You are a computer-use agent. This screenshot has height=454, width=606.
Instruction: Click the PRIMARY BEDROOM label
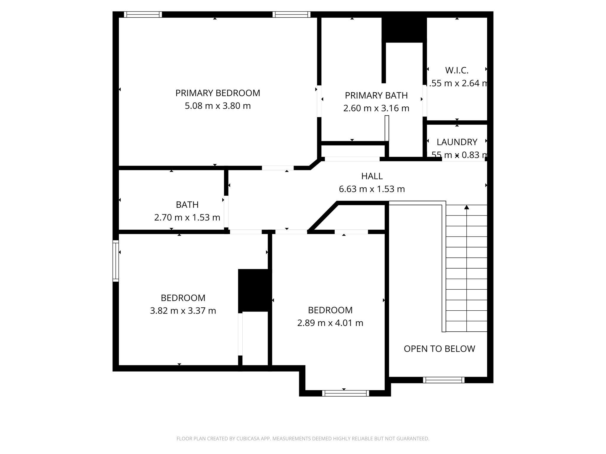click(217, 93)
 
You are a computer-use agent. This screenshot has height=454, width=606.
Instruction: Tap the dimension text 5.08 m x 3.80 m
click(217, 106)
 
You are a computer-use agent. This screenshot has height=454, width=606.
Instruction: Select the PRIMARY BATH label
click(376, 95)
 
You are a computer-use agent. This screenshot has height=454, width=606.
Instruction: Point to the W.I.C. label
click(457, 70)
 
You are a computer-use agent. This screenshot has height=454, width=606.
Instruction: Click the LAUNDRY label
click(457, 142)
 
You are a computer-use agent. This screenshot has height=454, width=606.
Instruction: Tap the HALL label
click(372, 176)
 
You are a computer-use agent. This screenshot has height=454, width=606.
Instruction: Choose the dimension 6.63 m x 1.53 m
click(372, 189)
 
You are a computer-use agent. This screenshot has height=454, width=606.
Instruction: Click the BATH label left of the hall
click(187, 205)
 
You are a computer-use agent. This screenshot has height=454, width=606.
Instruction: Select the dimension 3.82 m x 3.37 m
click(183, 311)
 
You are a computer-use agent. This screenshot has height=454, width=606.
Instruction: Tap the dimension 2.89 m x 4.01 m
click(330, 323)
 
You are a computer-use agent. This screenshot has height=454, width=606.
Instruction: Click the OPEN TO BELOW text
click(439, 349)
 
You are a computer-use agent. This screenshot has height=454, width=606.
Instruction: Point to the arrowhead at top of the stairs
click(467, 207)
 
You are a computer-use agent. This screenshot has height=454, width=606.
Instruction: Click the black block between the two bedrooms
click(254, 290)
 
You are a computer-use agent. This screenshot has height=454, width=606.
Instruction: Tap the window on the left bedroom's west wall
click(116, 261)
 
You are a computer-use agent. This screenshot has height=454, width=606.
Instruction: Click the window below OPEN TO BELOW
click(443, 380)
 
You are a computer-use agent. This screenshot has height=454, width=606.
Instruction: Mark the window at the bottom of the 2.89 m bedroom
click(345, 393)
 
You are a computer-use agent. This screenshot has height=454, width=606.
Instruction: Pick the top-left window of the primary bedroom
click(143, 14)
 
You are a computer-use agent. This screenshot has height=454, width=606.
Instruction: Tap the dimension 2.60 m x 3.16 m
click(376, 108)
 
